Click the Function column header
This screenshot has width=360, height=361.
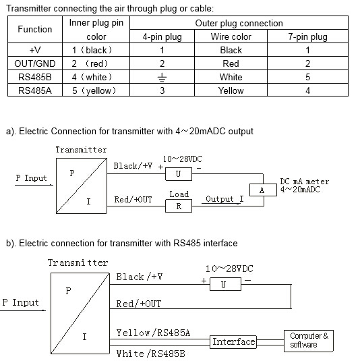click(35, 29)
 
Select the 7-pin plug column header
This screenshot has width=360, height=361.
click(307, 37)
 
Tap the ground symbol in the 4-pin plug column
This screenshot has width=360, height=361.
click(162, 78)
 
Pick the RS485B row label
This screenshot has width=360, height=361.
click(35, 77)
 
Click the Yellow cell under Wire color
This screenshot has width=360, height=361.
click(231, 90)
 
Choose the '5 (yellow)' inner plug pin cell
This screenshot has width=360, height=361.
click(94, 90)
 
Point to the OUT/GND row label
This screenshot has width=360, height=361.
click(35, 63)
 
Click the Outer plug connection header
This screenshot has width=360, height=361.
click(239, 23)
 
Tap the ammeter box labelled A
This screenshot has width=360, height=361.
click(263, 190)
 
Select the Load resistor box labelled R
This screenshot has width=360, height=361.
click(179, 206)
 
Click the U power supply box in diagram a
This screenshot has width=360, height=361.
click(179, 174)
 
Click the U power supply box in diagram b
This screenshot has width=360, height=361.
click(225, 284)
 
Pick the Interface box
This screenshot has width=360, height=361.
click(233, 341)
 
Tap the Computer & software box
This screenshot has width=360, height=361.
click(309, 341)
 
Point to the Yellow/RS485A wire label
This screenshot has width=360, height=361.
click(153, 333)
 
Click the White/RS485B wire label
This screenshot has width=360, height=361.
click(151, 354)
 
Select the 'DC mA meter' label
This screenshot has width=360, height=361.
click(305, 182)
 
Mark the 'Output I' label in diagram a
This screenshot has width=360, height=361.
click(224, 199)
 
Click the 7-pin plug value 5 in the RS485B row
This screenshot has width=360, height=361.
click(308, 77)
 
